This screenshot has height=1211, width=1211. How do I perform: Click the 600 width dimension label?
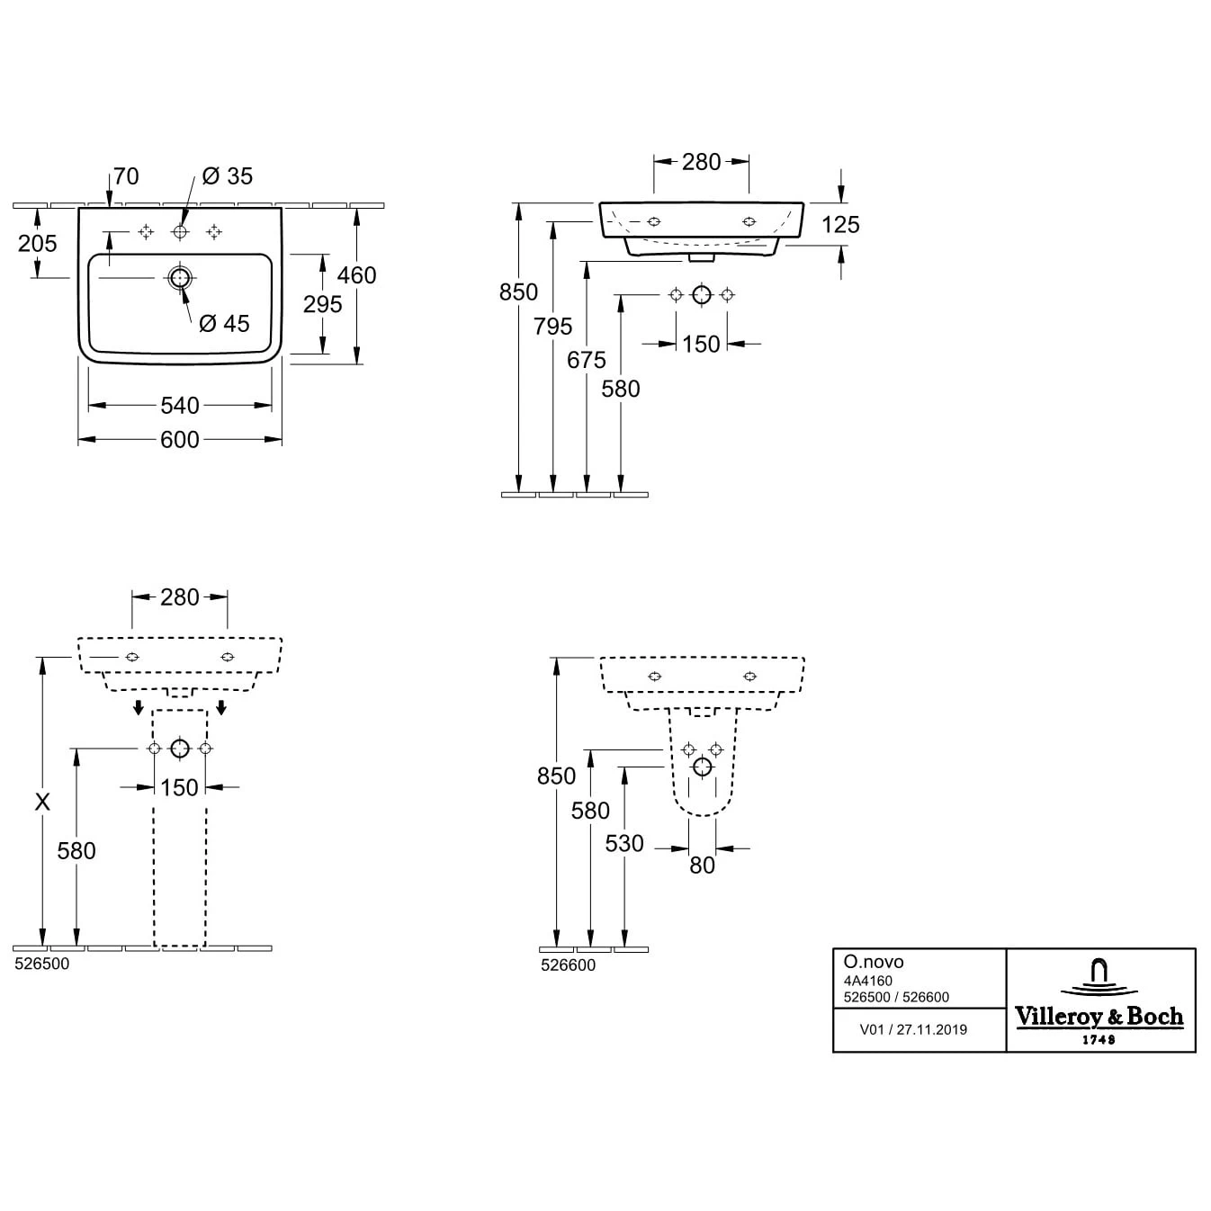point(180,440)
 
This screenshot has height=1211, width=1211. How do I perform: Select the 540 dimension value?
point(180,406)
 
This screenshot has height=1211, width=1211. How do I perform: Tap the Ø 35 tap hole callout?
point(228,176)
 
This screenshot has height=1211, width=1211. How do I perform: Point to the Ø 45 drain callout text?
point(224,324)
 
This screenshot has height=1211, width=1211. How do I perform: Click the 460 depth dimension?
point(356,275)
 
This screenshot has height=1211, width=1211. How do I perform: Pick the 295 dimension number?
point(322,304)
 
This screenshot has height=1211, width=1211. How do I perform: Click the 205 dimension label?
point(37,243)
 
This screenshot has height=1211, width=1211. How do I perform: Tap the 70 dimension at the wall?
point(126,176)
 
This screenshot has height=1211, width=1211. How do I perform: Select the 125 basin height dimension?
point(840,224)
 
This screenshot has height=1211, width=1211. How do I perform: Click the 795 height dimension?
point(553,327)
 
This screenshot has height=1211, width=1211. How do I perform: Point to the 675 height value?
point(587,360)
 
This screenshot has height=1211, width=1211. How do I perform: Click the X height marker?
point(42,802)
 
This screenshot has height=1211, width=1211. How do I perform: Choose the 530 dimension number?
point(624,843)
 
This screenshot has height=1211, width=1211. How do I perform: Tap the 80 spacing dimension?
point(702,866)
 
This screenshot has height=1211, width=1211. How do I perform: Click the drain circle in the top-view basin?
point(180,277)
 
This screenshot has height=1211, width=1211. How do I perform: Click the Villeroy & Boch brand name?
point(1099,1017)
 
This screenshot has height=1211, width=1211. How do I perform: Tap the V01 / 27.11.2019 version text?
point(913,1029)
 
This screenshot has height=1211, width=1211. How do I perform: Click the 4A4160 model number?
point(868,981)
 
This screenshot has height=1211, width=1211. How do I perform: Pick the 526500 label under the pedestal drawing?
point(42,964)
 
